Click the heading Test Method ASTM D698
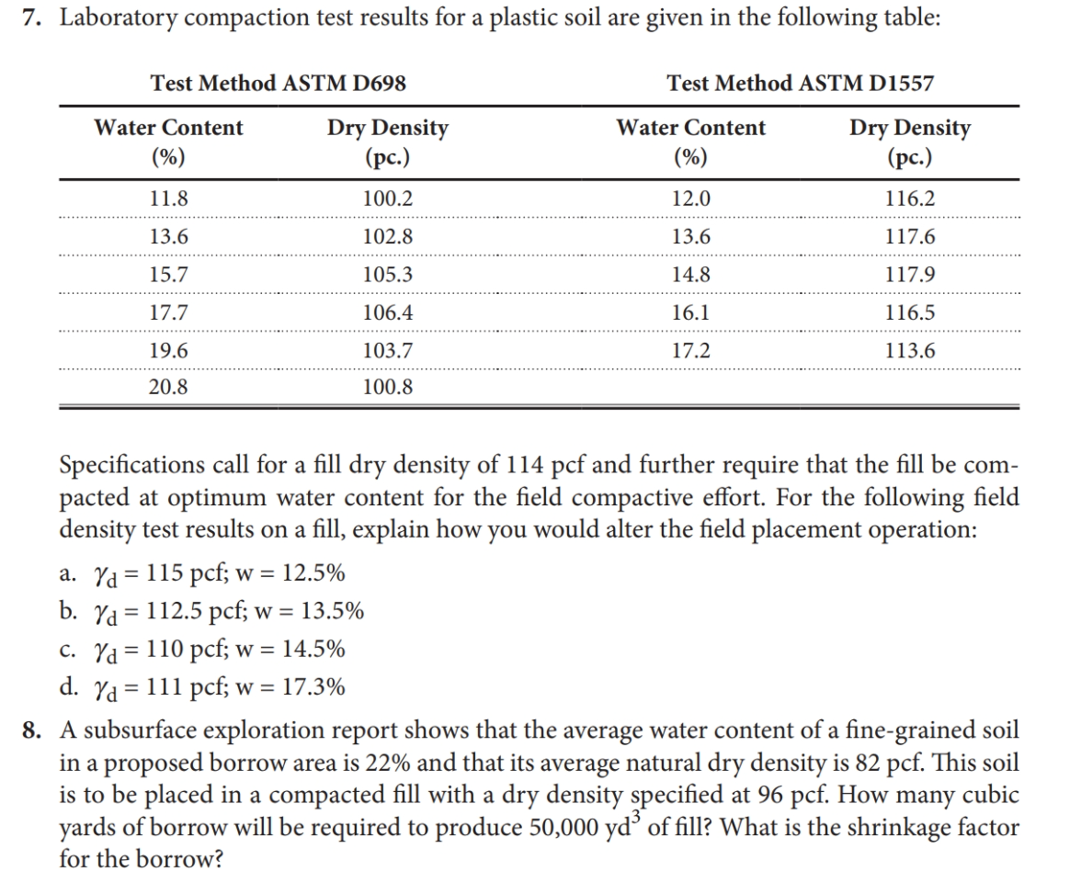click(x=279, y=84)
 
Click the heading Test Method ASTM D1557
click(x=801, y=84)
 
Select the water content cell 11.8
click(x=168, y=198)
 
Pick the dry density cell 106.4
click(x=388, y=312)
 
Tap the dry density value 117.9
click(x=910, y=275)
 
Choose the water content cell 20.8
click(x=168, y=388)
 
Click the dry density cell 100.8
click(x=388, y=388)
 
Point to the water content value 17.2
click(x=690, y=350)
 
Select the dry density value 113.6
click(x=910, y=350)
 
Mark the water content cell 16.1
click(x=690, y=312)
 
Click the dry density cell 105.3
click(x=388, y=275)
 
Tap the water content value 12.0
click(x=690, y=198)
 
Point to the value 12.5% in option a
click(x=314, y=574)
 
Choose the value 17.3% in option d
click(x=314, y=687)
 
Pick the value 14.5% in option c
click(x=314, y=650)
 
